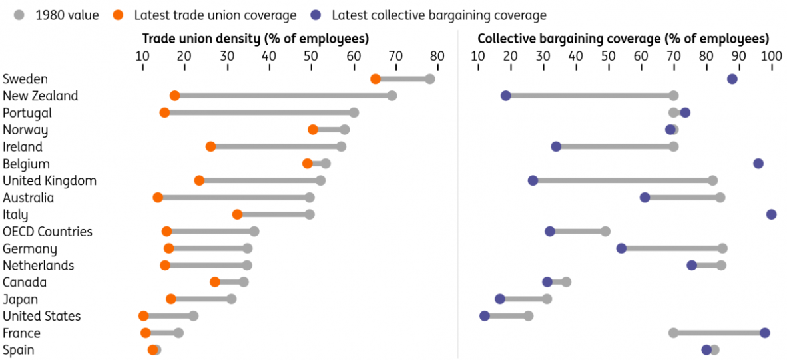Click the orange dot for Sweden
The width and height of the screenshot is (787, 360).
[x=376, y=79]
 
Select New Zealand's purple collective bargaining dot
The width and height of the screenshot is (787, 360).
[x=506, y=96]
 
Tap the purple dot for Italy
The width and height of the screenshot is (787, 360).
[x=771, y=214]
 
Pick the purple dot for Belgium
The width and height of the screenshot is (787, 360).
[x=758, y=164]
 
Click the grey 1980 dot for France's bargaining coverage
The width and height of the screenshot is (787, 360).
[x=674, y=333]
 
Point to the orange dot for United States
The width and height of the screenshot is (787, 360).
[x=144, y=316]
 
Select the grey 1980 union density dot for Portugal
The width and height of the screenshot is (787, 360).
[x=354, y=113]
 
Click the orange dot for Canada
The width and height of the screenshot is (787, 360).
[x=215, y=282]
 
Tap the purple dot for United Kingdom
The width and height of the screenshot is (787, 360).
[x=533, y=180]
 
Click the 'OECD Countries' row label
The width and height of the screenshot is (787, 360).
[x=47, y=232]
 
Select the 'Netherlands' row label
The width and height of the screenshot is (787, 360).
[x=38, y=266]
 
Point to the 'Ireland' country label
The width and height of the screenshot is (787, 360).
[x=23, y=147]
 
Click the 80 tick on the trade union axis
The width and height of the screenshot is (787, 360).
[x=437, y=56]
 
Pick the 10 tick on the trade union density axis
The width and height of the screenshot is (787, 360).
[x=142, y=56]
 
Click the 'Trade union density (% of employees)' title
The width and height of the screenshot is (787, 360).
[x=256, y=39]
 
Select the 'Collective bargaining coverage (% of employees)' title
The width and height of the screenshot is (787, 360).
[x=623, y=39]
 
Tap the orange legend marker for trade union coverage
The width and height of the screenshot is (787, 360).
[x=118, y=15]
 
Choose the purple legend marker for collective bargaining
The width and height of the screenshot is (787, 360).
[x=316, y=15]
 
